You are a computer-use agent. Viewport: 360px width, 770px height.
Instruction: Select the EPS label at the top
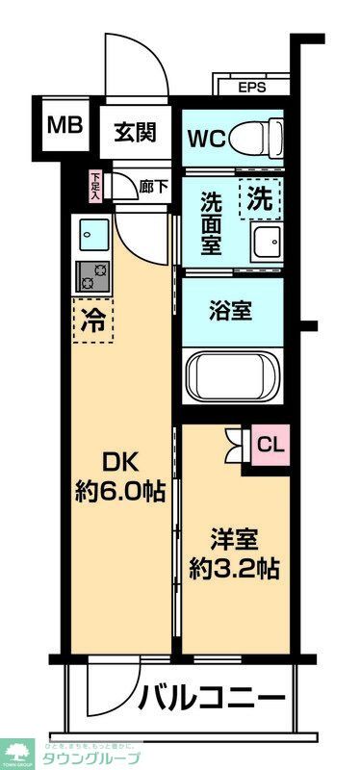[252, 87]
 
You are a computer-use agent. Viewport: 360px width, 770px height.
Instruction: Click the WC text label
[206, 138]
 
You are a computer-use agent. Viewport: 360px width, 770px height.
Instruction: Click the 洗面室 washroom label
[214, 222]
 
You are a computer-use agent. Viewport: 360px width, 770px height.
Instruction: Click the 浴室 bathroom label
[232, 311]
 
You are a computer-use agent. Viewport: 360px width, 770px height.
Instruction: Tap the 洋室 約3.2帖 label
[235, 553]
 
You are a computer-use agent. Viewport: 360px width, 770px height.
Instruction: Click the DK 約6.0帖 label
[119, 477]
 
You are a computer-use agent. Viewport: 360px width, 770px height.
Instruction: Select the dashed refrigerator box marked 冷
[93, 321]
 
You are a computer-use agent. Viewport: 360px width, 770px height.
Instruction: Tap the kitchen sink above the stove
[93, 234]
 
